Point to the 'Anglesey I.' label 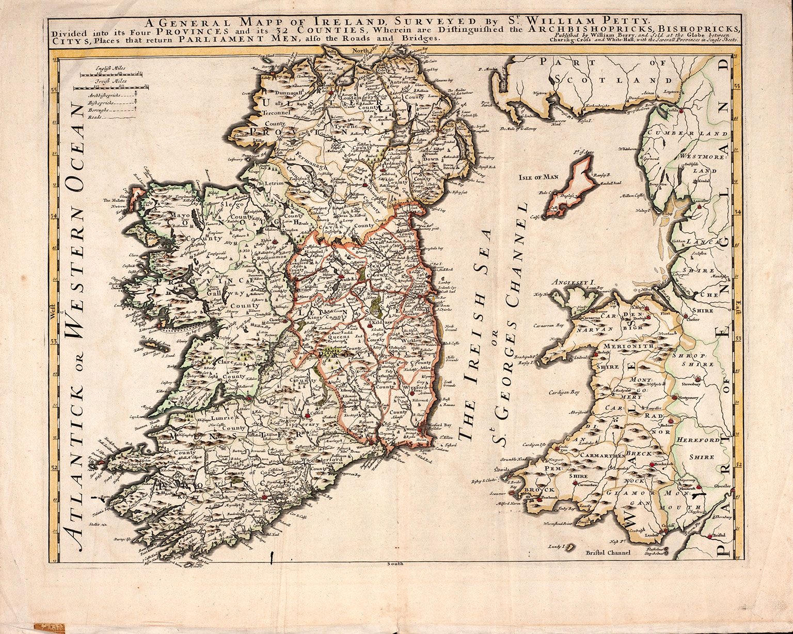[x=567, y=282]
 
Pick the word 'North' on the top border [x=359, y=51]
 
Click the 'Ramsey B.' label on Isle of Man [x=601, y=175]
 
